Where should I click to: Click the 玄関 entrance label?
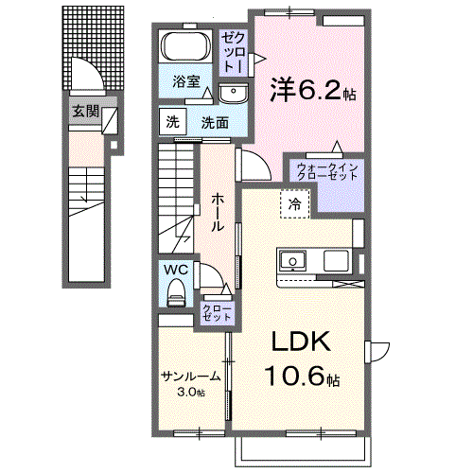tap(84, 111)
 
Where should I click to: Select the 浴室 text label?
tap(185, 82)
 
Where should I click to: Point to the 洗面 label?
tap(215, 122)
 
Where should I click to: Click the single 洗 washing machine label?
tap(172, 122)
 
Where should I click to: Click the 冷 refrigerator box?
tap(295, 202)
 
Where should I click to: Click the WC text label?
tap(175, 270)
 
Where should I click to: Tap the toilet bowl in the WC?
tap(176, 296)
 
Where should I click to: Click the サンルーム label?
tap(189, 376)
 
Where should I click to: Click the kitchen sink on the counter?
tap(291, 260)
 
